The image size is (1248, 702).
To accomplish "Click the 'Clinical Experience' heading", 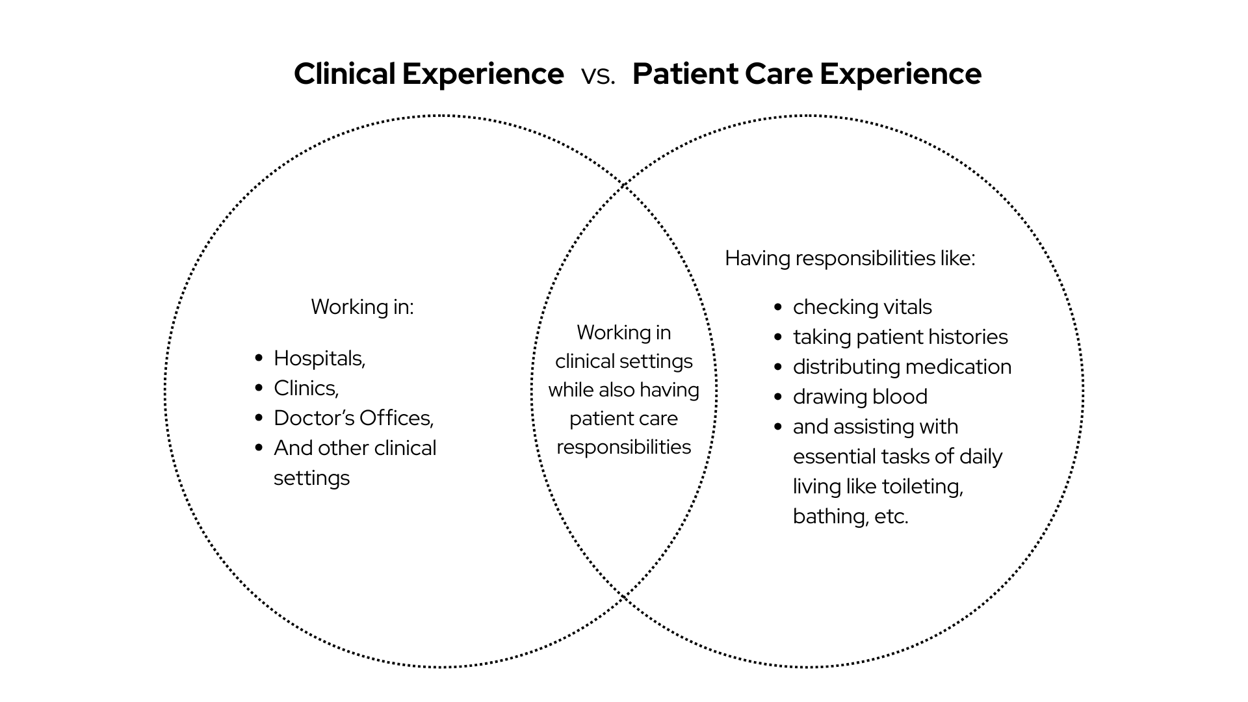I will (428, 73).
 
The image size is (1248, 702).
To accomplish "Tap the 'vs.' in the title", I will (598, 75).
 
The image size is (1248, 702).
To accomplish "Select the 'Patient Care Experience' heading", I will (807, 73).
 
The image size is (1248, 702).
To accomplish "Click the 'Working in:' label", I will (362, 307).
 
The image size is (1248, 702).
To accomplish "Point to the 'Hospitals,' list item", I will (319, 358).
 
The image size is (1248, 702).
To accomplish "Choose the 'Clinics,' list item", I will (305, 388).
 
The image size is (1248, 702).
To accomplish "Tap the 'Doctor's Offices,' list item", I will (353, 418).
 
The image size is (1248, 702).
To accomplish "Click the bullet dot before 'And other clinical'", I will (259, 448).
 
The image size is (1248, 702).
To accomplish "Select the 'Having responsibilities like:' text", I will (850, 258).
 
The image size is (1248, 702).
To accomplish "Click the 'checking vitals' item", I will (862, 307).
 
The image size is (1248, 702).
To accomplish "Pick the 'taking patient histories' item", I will (900, 337).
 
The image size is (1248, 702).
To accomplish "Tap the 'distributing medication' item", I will (902, 367).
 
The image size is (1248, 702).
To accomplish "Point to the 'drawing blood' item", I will (859, 396).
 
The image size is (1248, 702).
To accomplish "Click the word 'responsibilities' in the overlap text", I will (623, 447).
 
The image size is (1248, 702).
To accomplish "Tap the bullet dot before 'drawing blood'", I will (778, 396).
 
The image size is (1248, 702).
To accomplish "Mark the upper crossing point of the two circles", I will (624, 185).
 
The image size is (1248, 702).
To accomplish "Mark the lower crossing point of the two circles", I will (624, 596).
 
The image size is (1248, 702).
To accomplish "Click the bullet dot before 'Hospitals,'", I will (259, 358).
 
